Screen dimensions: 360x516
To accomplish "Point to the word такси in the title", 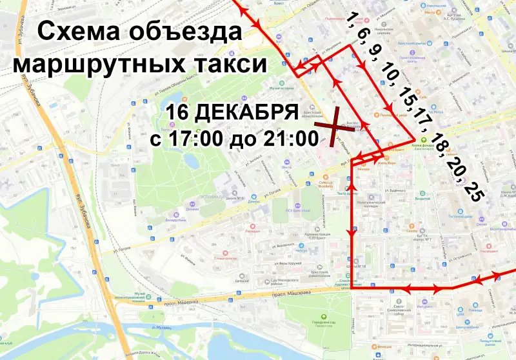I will [x=232, y=64].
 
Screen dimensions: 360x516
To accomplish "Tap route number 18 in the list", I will [x=440, y=143].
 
